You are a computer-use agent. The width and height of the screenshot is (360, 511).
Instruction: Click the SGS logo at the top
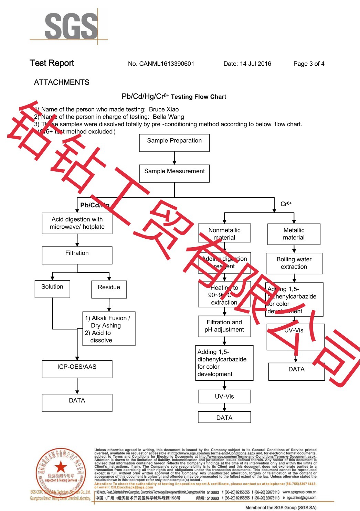tap(71, 26)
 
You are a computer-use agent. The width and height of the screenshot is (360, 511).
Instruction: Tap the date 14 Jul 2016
tap(255, 64)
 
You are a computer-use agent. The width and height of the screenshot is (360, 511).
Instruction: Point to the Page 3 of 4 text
tap(309, 64)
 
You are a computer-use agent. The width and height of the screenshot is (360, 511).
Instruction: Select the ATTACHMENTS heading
tap(62, 83)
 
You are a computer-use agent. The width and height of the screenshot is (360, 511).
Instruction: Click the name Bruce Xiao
tap(164, 109)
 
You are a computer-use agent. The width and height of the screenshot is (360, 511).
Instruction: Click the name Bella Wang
tap(168, 117)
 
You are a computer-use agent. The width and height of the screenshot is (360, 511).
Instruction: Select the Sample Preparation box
tap(174, 143)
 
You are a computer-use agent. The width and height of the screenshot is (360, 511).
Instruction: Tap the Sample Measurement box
tap(174, 173)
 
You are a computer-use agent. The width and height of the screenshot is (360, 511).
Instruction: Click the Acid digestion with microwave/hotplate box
tap(77, 223)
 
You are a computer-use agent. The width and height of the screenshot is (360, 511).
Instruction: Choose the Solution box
tap(52, 289)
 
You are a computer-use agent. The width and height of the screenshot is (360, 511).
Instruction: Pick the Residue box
tap(109, 289)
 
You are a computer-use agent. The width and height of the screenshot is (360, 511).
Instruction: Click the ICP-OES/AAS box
tap(77, 369)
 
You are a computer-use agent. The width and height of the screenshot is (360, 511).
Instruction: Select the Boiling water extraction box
tap(294, 263)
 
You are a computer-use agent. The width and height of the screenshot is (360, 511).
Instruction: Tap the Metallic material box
tap(294, 234)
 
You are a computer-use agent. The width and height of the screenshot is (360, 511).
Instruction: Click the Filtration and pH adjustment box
tap(224, 326)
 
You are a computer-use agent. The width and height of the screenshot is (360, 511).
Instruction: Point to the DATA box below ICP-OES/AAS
tap(77, 403)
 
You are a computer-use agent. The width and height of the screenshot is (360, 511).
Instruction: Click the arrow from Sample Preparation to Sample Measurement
tap(174, 158)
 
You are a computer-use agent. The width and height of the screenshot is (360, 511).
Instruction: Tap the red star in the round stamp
tap(61, 467)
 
